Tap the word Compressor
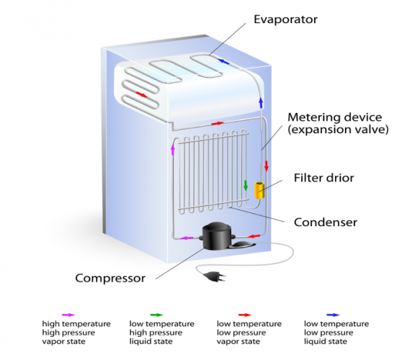(x=110, y=278)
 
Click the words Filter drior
(x=323, y=177)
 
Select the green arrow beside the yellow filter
(x=246, y=186)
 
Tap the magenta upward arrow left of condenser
(x=172, y=149)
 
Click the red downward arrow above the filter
(x=267, y=166)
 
